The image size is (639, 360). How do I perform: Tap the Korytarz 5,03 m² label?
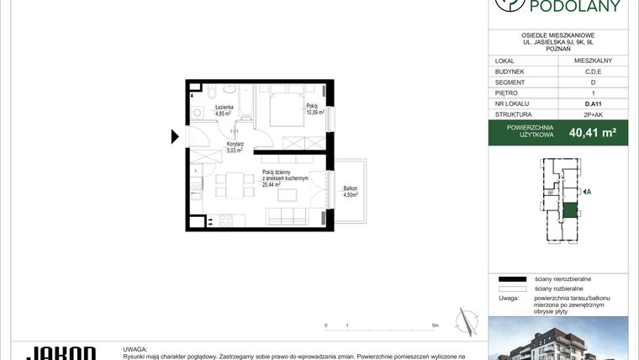pos(235,148)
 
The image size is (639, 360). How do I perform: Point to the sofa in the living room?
pos(288,217)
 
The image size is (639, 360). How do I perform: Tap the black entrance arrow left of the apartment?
pos(175,137)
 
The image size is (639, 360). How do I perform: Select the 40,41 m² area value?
pos(593,132)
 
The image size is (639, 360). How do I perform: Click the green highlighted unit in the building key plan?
pos(570,210)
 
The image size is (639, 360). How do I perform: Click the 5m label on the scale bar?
pos(434,325)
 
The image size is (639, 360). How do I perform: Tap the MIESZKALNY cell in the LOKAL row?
pos(593,61)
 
